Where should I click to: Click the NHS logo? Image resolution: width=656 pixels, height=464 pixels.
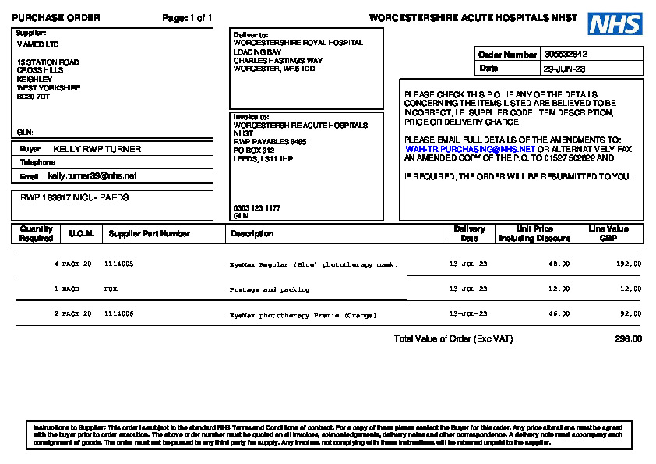[615, 24]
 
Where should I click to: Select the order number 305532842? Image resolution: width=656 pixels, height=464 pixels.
[566, 55]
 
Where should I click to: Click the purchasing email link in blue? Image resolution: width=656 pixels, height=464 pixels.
[470, 148]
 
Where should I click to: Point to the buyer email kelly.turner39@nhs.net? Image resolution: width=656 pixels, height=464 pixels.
[92, 176]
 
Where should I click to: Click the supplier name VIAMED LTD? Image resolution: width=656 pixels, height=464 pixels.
[37, 44]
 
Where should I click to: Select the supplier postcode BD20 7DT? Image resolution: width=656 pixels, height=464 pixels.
[33, 97]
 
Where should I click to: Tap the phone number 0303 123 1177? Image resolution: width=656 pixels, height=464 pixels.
[257, 208]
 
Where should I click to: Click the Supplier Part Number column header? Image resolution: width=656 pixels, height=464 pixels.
[149, 233]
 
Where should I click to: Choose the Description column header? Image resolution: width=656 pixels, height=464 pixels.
[252, 233]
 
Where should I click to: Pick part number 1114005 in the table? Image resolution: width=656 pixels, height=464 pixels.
[118, 264]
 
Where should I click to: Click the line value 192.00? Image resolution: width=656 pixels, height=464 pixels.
[629, 264]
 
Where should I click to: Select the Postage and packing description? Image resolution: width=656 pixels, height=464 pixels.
[269, 289]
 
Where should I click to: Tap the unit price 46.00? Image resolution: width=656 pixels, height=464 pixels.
[559, 314]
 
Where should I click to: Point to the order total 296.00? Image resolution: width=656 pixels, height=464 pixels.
[628, 339]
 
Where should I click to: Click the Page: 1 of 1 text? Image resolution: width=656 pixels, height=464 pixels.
[187, 18]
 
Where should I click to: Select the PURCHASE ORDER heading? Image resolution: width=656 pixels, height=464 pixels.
[55, 18]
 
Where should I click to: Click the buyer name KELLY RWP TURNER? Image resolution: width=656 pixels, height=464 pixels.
[97, 148]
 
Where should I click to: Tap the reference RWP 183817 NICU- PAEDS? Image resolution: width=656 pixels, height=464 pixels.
[75, 198]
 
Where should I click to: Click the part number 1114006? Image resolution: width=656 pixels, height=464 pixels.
[118, 314]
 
